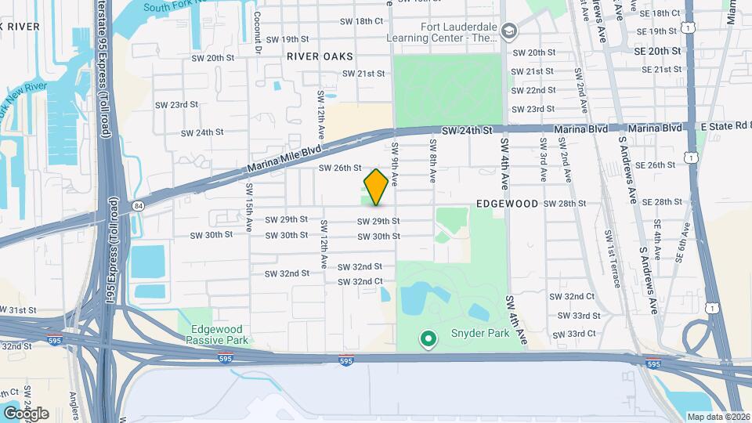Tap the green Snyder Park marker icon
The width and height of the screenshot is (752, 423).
click(x=428, y=339)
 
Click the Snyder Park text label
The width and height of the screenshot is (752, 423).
click(x=480, y=334)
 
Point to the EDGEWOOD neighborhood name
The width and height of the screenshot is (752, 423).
click(x=508, y=204)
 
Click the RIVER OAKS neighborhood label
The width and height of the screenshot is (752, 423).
click(x=320, y=56)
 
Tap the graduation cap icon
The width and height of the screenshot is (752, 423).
click(x=510, y=31)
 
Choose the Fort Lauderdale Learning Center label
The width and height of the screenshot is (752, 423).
click(x=443, y=31)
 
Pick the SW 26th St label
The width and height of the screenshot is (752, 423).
click(x=340, y=168)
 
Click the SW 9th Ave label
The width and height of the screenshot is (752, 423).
click(x=396, y=163)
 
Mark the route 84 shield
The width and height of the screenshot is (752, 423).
click(x=139, y=206)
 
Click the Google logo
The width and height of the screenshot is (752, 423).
click(x=26, y=414)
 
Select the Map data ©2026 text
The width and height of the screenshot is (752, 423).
click(x=718, y=417)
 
